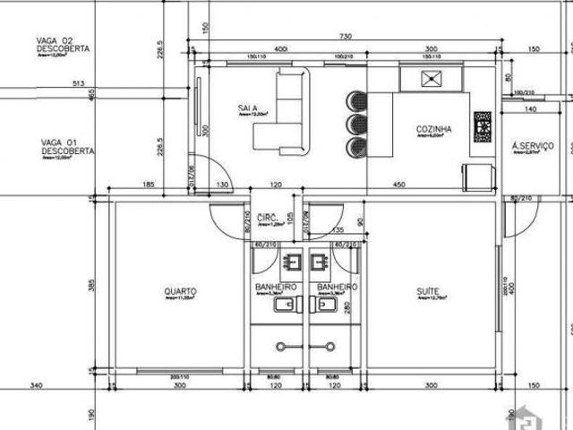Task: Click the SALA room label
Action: point(248,108)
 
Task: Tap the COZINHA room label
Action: point(433,129)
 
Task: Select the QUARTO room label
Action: point(181,291)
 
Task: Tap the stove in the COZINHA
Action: point(483,126)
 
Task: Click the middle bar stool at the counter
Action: point(356,122)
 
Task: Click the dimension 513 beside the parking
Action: point(79,85)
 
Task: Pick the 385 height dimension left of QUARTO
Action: point(91,287)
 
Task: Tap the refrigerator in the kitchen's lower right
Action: point(479,177)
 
